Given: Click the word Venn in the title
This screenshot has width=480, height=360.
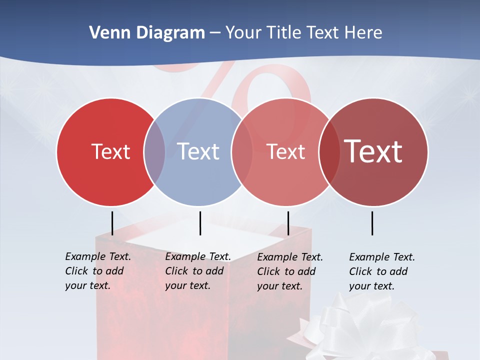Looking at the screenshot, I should pos(106,33).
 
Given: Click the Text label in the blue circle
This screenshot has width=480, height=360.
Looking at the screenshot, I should pos(198,151).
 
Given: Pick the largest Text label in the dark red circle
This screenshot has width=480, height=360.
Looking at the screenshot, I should pos(373,151).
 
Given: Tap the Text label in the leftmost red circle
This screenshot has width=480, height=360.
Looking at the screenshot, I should pos(110,151).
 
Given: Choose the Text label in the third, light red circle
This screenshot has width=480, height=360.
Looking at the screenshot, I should pos(285,151).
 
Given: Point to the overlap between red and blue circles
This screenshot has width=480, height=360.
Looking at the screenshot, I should pos(154,151).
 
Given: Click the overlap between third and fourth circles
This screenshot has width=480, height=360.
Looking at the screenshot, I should pos(329,151).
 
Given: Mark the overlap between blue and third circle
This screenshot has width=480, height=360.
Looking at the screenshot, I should pos(242,151).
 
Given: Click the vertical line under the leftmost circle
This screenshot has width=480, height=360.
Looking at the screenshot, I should pos(112,223).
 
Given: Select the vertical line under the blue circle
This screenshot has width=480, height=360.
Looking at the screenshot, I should pos(200,223).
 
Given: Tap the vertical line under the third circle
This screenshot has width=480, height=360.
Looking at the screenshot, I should pos(288,223).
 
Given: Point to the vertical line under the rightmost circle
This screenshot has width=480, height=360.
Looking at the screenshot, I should pos(372,223).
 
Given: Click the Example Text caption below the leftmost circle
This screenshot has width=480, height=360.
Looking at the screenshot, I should pos(97,271).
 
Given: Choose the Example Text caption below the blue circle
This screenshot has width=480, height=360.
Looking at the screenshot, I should pos(197,271).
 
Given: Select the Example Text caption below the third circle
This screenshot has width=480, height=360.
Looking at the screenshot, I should pos(289,271).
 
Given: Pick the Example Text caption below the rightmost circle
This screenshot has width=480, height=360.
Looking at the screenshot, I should pos(381,271).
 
